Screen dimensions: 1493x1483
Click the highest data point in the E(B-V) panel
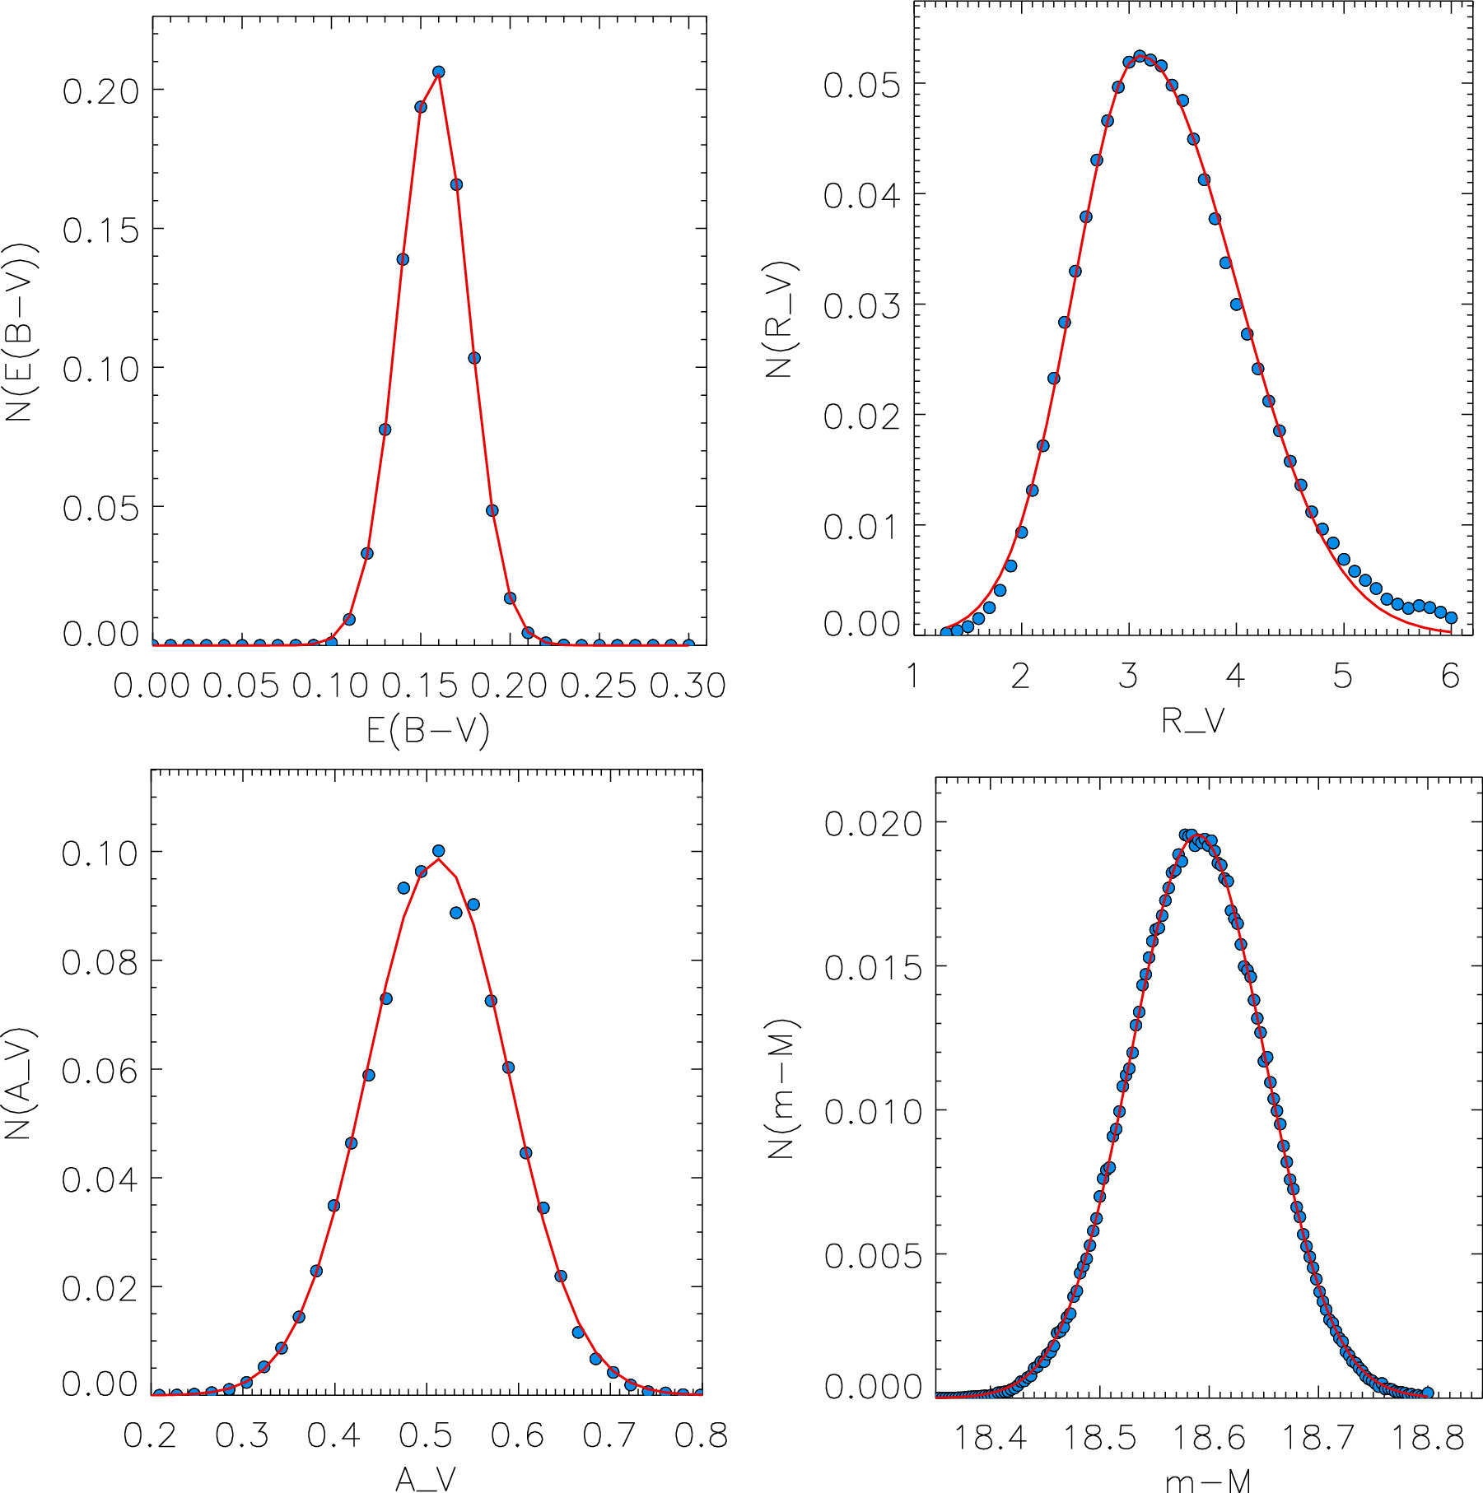tap(438, 72)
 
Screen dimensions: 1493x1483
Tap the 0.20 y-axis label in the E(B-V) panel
tap(100, 91)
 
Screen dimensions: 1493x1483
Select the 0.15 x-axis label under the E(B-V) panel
tap(419, 685)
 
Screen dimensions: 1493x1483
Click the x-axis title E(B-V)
tap(427, 730)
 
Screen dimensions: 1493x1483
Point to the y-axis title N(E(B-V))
tap(21, 332)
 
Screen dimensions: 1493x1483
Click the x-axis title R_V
tap(1192, 721)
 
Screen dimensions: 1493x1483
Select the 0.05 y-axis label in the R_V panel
tap(861, 86)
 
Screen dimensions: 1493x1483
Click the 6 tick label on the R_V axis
tap(1450, 677)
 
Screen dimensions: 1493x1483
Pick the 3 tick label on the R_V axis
tap(1128, 677)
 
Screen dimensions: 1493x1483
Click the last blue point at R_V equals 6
tap(1451, 617)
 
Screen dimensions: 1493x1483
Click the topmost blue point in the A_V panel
tap(438, 851)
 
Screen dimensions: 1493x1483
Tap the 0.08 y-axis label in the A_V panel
tap(100, 962)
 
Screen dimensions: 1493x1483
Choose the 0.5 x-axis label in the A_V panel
tap(426, 1435)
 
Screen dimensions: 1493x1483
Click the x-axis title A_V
tap(425, 1479)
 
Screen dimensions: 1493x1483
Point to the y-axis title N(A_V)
tap(19, 1083)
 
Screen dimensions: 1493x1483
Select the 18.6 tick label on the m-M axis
tap(1208, 1438)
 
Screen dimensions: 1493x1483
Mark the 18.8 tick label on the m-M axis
tap(1427, 1438)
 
